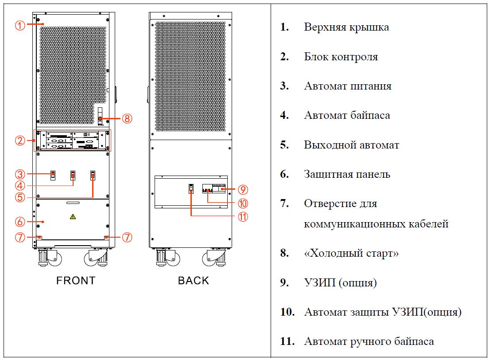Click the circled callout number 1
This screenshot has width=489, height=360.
point(20,25)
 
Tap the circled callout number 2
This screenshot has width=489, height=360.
point(20,141)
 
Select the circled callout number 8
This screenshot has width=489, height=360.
point(127,118)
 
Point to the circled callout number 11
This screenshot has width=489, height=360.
point(242,217)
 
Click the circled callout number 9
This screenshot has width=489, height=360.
point(242,189)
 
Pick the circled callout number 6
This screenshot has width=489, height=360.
point(20,221)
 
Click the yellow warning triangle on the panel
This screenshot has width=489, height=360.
point(73,216)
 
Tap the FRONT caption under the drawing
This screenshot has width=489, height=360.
point(76,280)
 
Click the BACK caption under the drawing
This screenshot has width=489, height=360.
point(194,280)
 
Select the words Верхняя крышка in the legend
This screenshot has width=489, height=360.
point(346,27)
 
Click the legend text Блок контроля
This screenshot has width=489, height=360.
point(341,57)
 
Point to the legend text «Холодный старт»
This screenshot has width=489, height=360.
point(351,253)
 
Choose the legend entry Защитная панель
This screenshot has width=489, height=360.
point(347,174)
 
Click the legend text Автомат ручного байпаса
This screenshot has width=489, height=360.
point(369,341)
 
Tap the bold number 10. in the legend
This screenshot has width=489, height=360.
point(287,312)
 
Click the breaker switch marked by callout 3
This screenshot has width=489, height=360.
point(52,175)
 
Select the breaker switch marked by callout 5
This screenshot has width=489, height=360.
point(93,176)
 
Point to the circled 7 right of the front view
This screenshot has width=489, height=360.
point(127,237)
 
